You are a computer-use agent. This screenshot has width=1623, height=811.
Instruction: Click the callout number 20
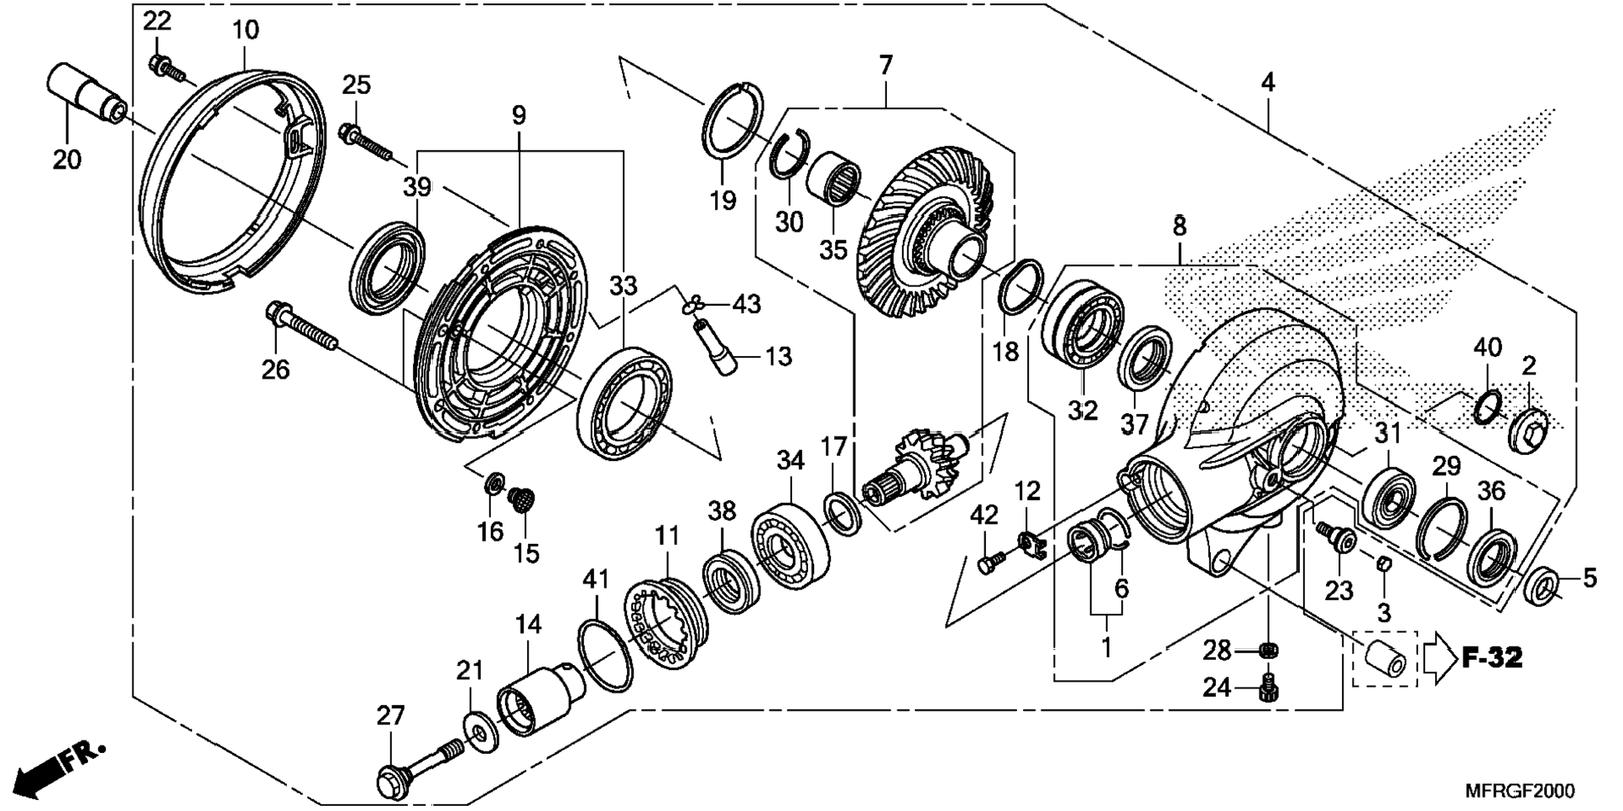coord(67,159)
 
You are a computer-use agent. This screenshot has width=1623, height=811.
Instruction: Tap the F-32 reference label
coord(1493,657)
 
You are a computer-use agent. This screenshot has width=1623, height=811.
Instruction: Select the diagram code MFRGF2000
coord(1520,791)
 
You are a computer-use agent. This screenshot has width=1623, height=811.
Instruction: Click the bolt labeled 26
coord(301,329)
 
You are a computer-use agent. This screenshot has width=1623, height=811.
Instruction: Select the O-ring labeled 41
coord(605,656)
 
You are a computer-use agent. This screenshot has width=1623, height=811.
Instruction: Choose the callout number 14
coord(528,625)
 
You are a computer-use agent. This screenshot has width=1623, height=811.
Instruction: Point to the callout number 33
coord(623,286)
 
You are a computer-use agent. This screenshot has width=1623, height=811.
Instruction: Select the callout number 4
coord(1267,82)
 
